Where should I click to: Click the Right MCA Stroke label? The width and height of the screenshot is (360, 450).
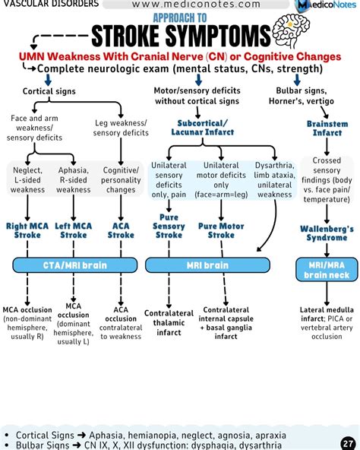(28, 230)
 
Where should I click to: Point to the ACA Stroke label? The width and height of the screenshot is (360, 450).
(120, 230)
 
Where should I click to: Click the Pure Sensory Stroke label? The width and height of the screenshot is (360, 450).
(169, 230)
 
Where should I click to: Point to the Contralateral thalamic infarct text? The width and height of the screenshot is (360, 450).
(169, 322)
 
